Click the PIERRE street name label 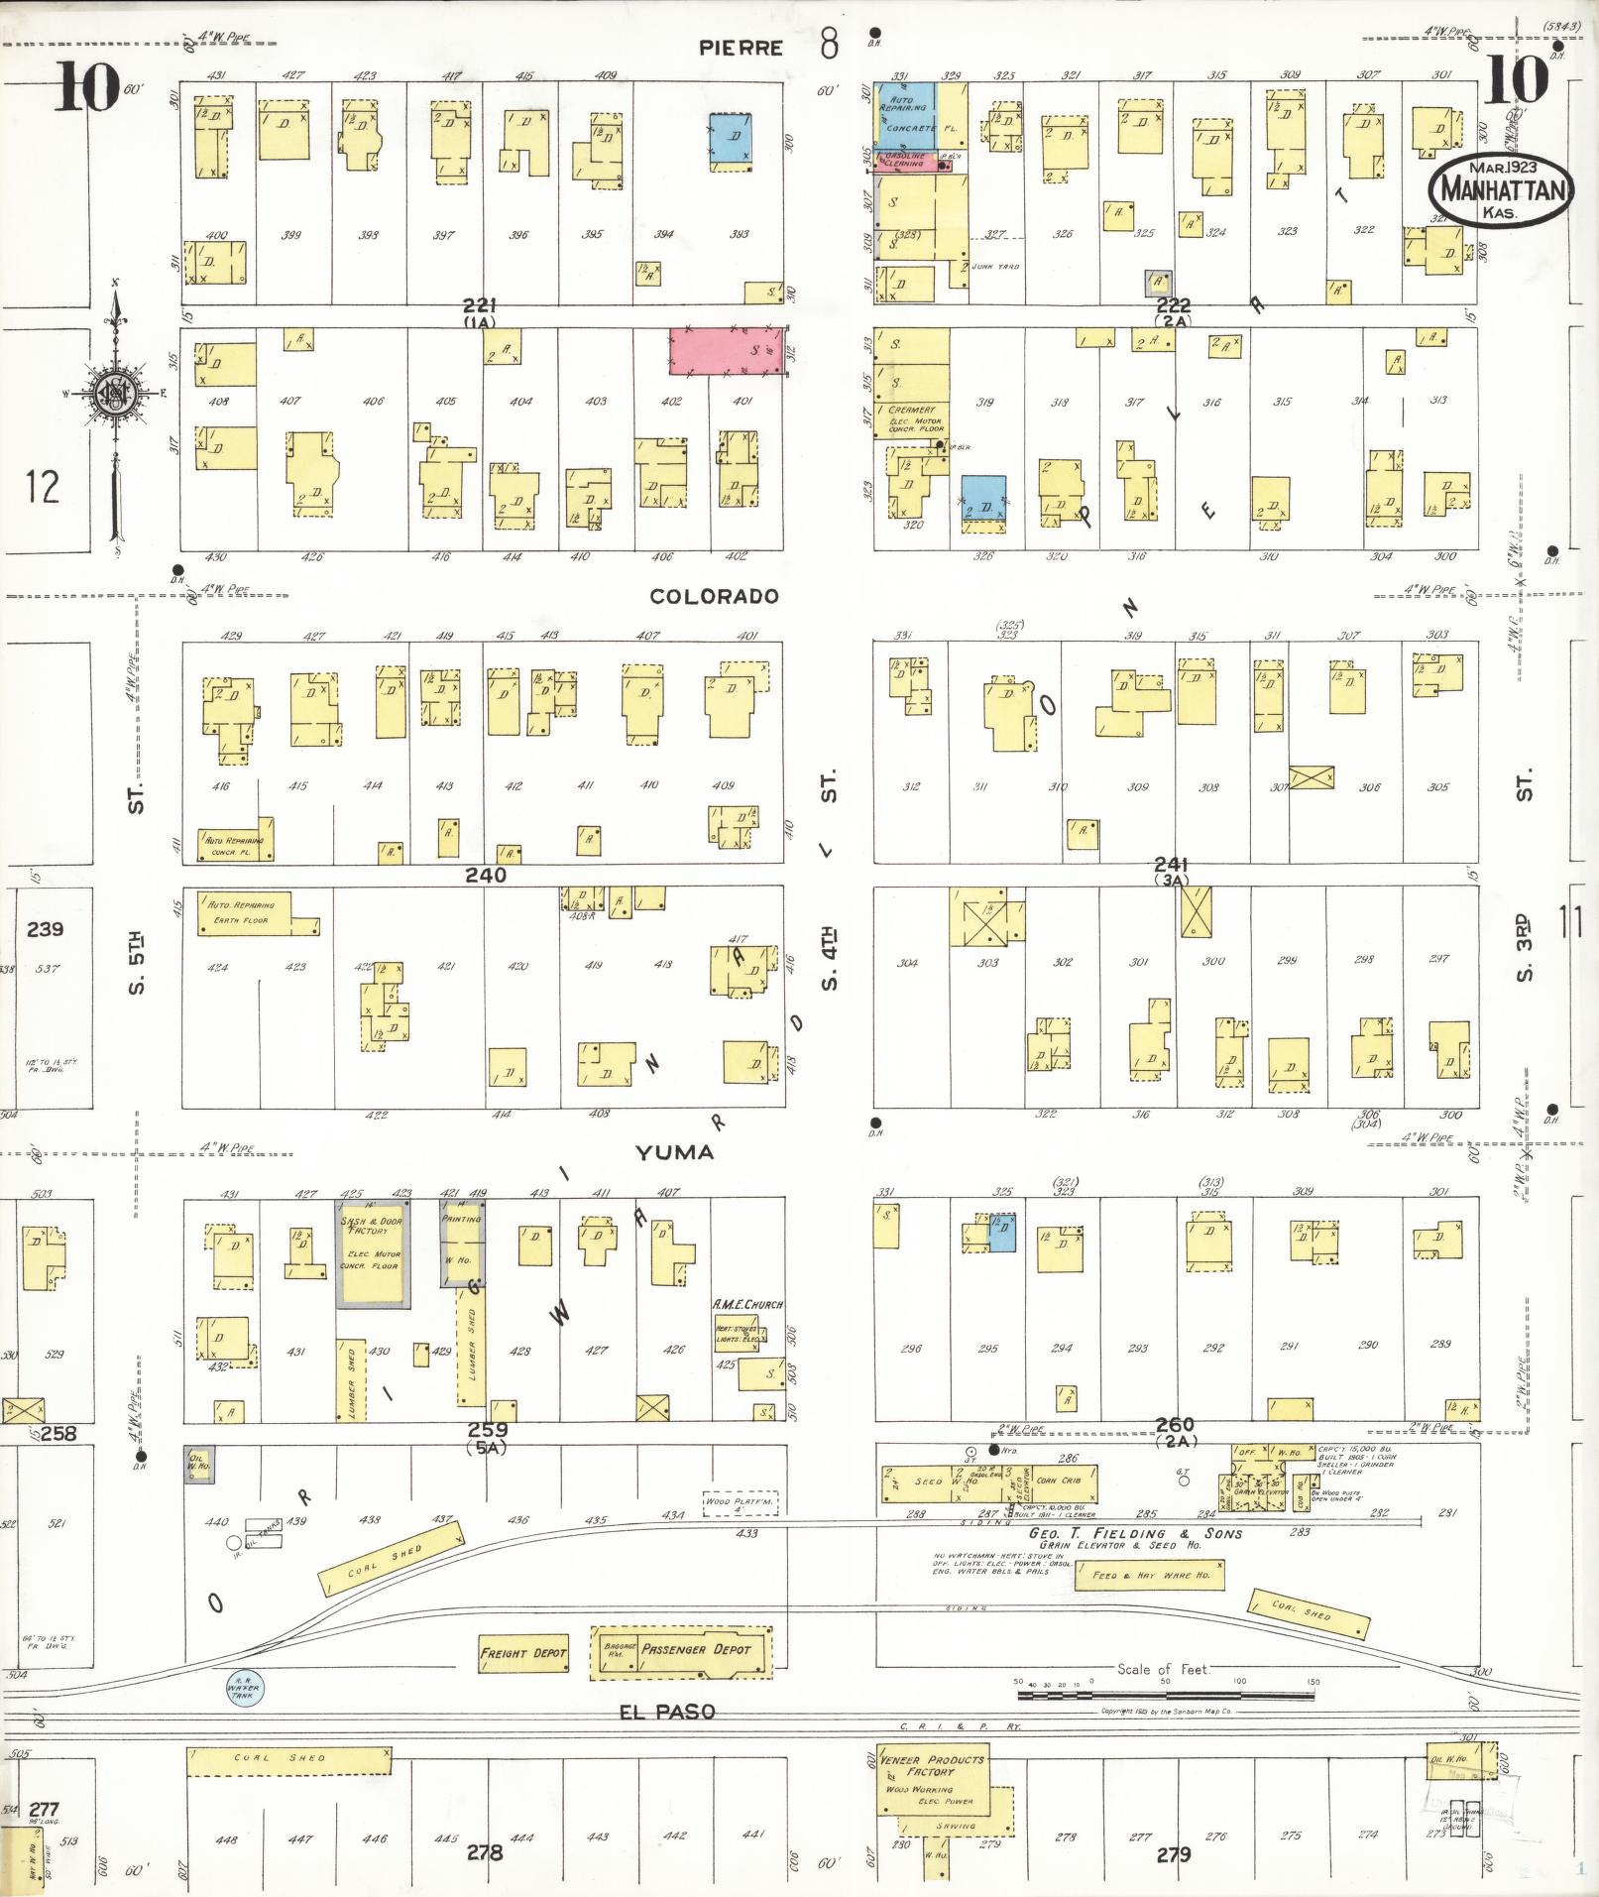click(741, 48)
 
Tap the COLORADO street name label click(714, 596)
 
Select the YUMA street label click(674, 1152)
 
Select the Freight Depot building click(523, 1653)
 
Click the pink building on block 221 click(727, 351)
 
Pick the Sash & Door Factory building click(372, 1253)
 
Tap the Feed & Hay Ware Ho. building click(1150, 1575)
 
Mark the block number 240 click(486, 875)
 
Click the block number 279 click(1173, 1854)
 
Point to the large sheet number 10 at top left click(87, 87)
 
